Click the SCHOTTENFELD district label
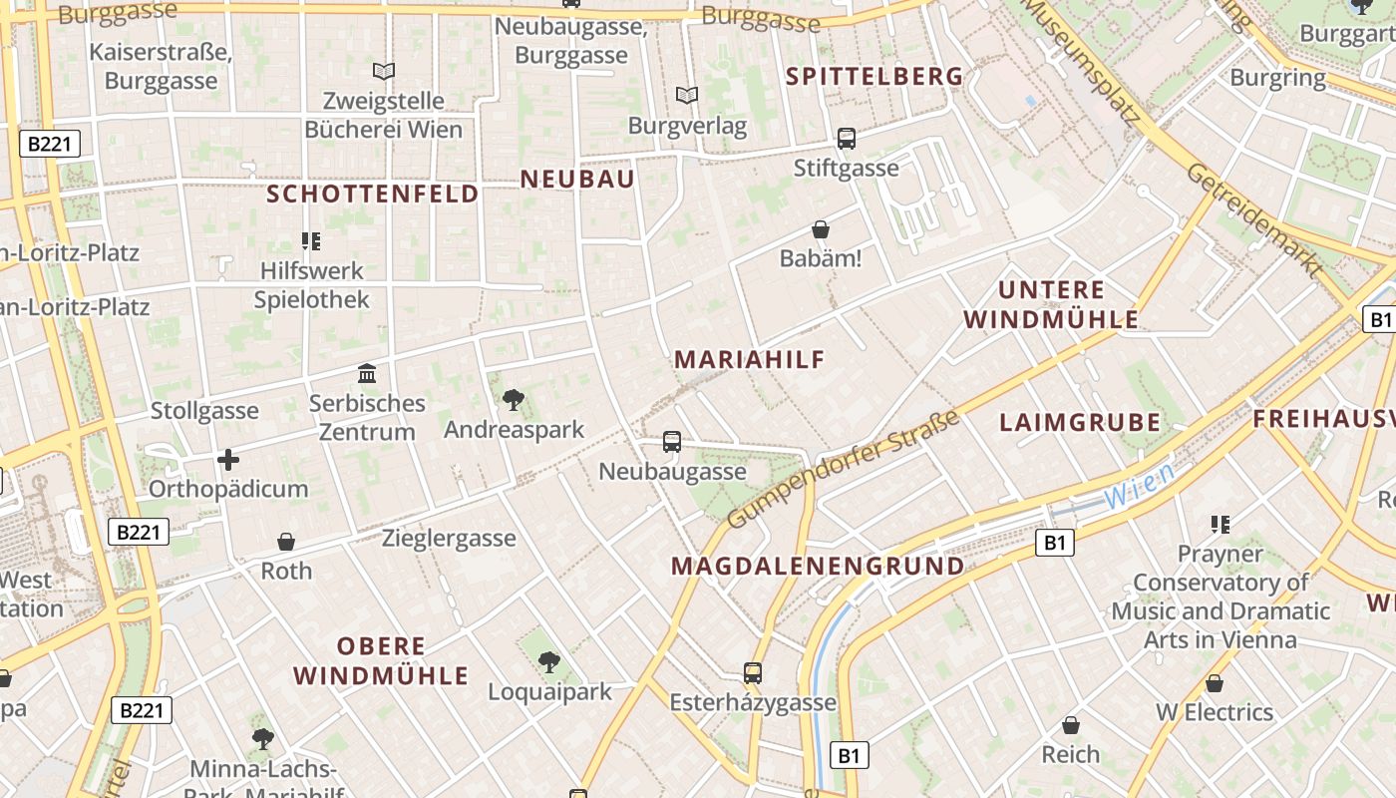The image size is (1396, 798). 373,194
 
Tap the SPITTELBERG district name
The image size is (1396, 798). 874,76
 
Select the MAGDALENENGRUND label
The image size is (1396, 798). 818,567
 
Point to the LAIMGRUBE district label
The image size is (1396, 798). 1080,422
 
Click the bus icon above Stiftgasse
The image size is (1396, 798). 847,139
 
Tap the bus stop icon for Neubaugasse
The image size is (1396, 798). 672,442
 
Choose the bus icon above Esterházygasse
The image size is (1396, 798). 753,673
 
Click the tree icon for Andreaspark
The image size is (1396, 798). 514,400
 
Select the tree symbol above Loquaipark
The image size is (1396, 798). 548,661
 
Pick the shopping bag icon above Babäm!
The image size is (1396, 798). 821,230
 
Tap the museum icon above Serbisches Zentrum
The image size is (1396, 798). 367,374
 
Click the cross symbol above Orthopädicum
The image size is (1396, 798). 228,460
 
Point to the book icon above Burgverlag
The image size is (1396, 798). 687,96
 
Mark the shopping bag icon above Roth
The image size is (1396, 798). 286,542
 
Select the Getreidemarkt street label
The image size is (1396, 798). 1254,220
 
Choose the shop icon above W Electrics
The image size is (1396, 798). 1214,683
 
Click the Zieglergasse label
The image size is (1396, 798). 449,539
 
